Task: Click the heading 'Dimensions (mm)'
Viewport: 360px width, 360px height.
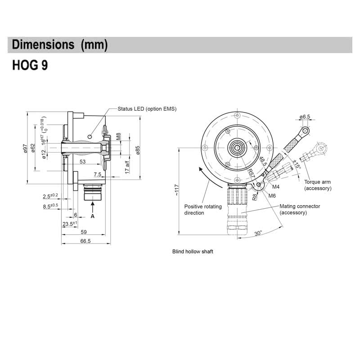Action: point(59,45)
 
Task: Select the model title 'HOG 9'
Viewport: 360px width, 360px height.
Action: point(30,65)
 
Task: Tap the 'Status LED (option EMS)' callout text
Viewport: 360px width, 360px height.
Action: point(147,109)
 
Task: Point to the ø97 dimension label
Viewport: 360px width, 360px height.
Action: point(26,148)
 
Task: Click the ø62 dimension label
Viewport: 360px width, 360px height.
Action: point(33,148)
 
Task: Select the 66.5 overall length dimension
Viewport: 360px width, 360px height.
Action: point(85,241)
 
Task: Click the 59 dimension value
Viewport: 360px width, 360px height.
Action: point(83,233)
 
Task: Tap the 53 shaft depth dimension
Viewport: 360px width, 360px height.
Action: point(83,161)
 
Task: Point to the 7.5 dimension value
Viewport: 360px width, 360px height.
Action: point(98,174)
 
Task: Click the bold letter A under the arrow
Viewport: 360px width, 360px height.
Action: point(93,216)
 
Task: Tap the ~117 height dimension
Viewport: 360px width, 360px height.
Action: point(177,190)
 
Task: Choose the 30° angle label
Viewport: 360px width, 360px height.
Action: point(258,234)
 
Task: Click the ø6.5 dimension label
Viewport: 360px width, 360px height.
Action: point(305,117)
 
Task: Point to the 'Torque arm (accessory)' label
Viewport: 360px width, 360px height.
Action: point(317,185)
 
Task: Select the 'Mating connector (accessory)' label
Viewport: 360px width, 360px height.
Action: point(299,209)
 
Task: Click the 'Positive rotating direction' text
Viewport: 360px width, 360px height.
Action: point(203,209)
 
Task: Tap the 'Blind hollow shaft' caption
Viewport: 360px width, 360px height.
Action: point(193,252)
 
